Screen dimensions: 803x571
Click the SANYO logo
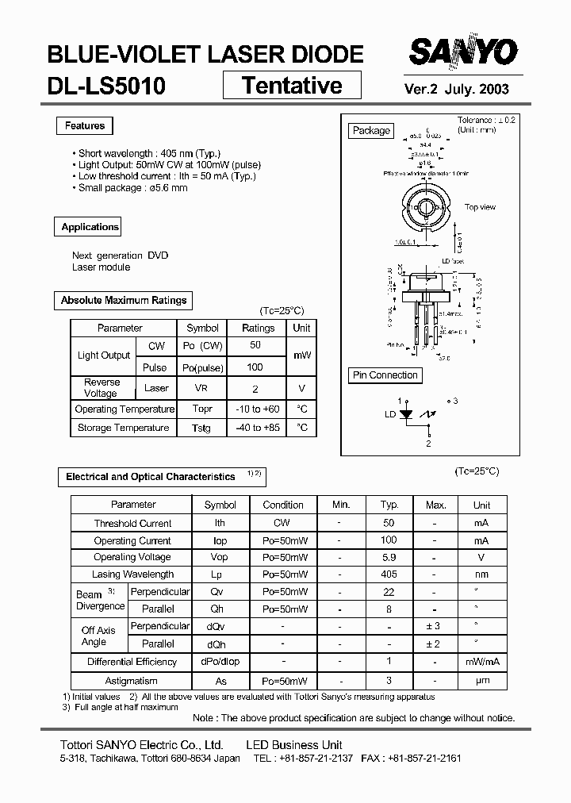click(x=463, y=53)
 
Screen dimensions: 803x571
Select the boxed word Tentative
click(x=292, y=85)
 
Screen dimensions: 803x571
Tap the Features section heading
click(x=85, y=126)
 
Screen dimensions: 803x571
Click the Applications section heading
click(x=90, y=227)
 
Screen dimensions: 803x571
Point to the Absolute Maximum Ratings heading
click(x=124, y=301)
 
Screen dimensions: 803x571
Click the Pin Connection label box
click(x=385, y=375)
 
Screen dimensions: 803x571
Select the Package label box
click(x=371, y=131)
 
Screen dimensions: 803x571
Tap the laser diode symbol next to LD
click(x=407, y=414)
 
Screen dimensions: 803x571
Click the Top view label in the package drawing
click(x=480, y=207)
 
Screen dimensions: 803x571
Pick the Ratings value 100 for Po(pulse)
click(x=255, y=367)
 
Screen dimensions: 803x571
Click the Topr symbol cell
click(x=202, y=409)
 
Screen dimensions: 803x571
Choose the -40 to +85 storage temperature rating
click(x=258, y=428)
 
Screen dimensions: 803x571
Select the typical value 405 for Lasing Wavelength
click(x=389, y=574)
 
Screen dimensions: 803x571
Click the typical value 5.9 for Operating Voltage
click(x=389, y=557)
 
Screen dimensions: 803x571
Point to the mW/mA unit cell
click(x=481, y=662)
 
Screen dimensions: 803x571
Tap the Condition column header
click(x=283, y=505)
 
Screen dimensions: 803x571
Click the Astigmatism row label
click(x=131, y=682)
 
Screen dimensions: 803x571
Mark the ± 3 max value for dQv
click(x=433, y=627)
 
